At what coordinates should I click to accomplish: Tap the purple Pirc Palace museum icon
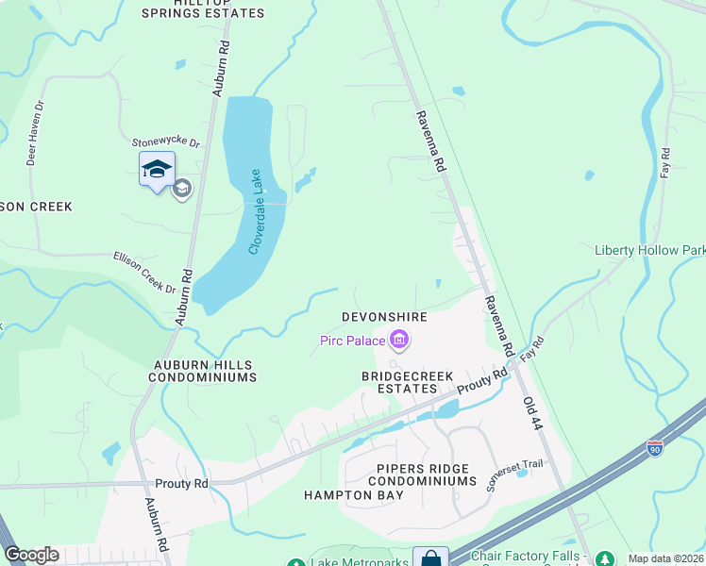click(399, 339)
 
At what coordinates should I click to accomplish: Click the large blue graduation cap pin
click(157, 170)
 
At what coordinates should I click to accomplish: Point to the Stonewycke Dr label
click(166, 143)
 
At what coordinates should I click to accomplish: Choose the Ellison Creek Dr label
click(143, 272)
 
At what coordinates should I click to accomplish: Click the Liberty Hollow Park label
click(649, 251)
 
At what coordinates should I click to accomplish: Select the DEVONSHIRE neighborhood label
click(384, 318)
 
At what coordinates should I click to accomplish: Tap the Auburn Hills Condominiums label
click(202, 370)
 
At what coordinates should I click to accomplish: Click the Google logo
click(31, 555)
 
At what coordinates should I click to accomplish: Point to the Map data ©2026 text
click(664, 558)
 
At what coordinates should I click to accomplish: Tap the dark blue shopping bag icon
click(430, 558)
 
